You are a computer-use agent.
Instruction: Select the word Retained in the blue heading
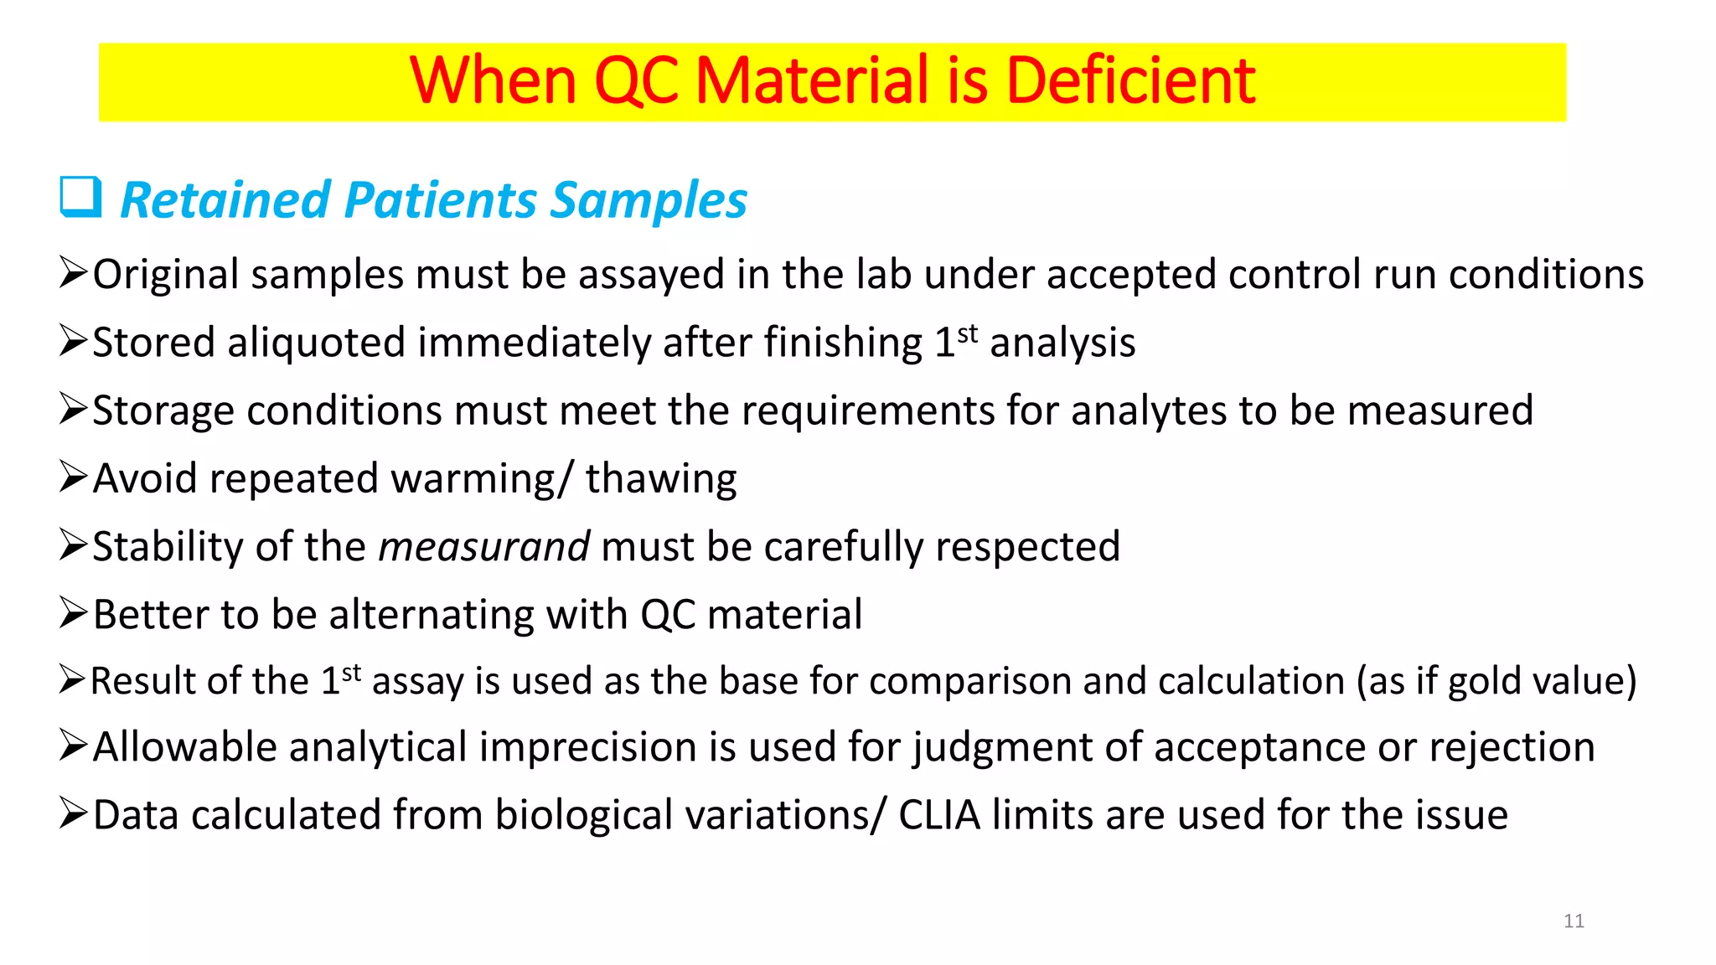(x=225, y=201)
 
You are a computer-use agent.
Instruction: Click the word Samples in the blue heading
(x=649, y=201)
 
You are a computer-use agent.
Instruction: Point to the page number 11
(x=1574, y=921)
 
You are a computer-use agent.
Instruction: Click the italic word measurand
(x=484, y=547)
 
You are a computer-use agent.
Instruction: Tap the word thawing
(x=660, y=479)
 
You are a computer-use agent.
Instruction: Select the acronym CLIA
(x=938, y=815)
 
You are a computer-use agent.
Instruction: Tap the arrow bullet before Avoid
(x=73, y=477)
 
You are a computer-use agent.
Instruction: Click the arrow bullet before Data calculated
(x=73, y=813)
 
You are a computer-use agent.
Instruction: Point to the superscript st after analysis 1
(x=968, y=333)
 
